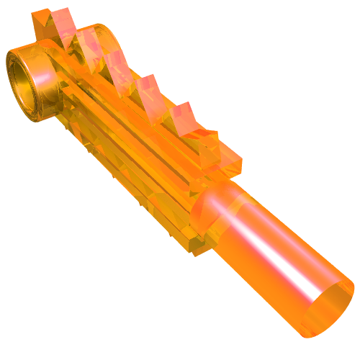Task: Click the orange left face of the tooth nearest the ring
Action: [41, 25]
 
